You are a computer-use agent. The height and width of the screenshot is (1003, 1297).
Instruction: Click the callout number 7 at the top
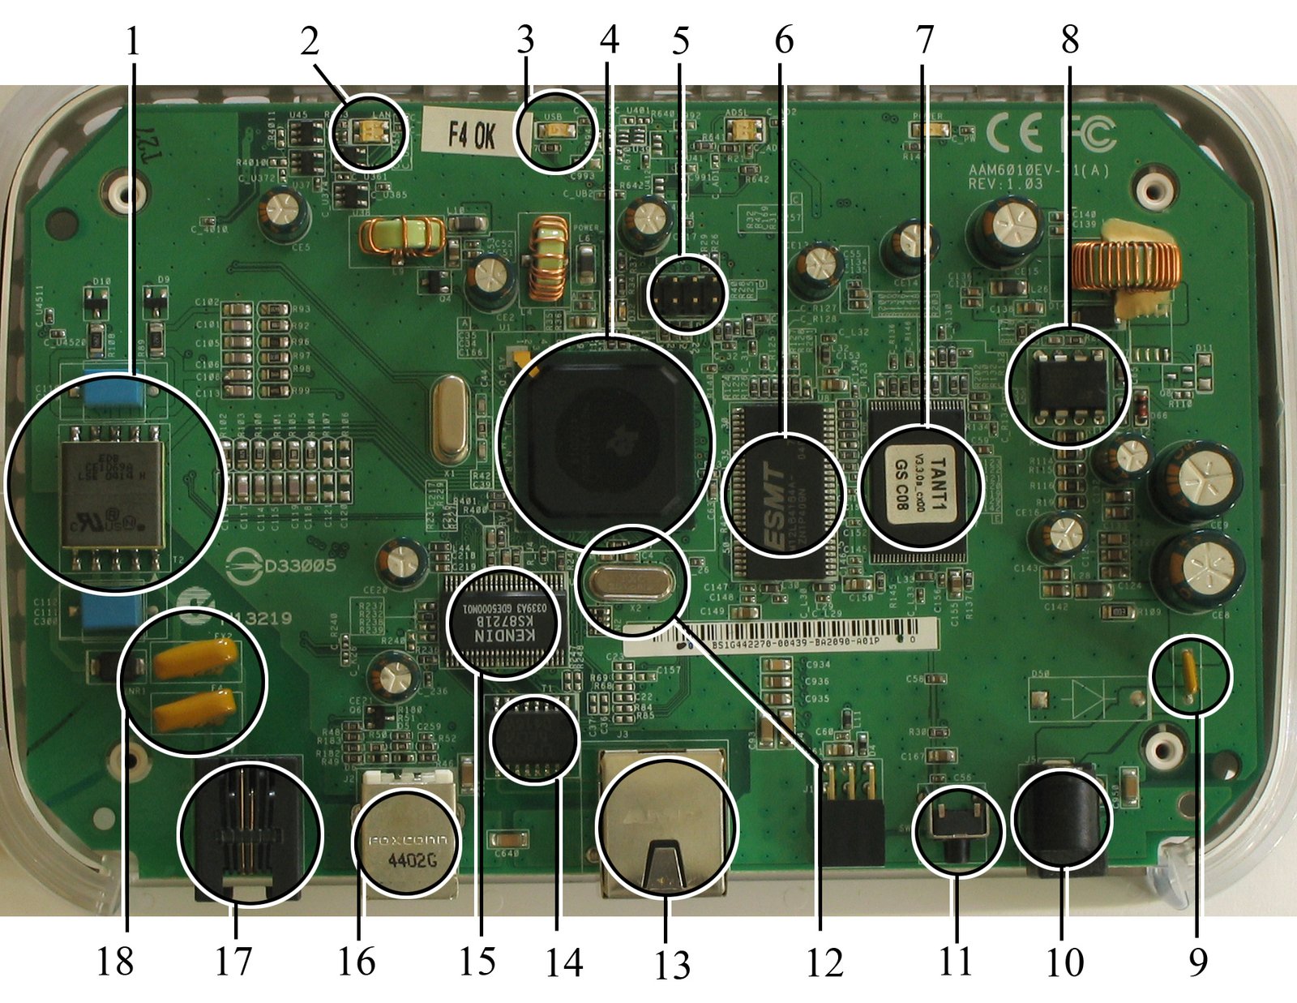pyautogui.click(x=925, y=39)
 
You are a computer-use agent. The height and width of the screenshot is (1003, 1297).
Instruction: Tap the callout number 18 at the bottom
pyautogui.click(x=114, y=962)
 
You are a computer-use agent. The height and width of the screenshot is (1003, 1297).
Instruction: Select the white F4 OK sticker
pyautogui.click(x=473, y=135)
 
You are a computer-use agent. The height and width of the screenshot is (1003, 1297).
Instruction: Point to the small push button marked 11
pyautogui.click(x=957, y=830)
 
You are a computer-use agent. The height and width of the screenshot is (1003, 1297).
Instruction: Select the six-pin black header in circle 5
pyautogui.click(x=687, y=297)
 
